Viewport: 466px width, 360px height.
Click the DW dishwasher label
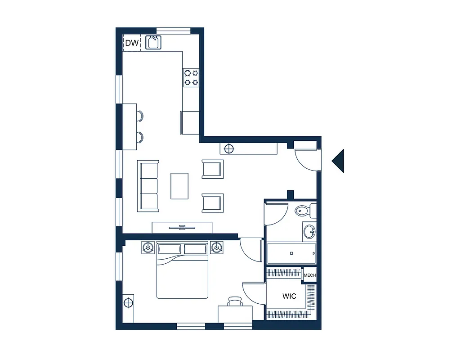tap(131, 43)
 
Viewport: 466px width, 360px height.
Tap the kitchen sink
tap(153, 43)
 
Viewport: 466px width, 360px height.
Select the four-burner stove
tap(191, 77)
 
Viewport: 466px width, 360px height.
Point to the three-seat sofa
tap(148, 186)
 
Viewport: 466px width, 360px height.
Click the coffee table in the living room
tap(179, 186)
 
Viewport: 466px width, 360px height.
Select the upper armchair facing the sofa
tap(212, 169)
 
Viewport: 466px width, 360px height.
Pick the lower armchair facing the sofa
tap(212, 202)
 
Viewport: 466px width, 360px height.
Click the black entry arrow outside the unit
tap(339, 161)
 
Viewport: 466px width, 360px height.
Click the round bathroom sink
tap(309, 232)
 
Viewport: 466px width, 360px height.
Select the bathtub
tap(291, 253)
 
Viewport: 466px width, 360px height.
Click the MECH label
tap(309, 275)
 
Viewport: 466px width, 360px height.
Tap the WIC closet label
tap(289, 296)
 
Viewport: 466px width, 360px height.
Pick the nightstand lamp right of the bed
tap(217, 247)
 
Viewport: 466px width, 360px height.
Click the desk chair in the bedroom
tap(235, 301)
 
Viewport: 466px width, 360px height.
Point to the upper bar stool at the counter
tap(140, 116)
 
